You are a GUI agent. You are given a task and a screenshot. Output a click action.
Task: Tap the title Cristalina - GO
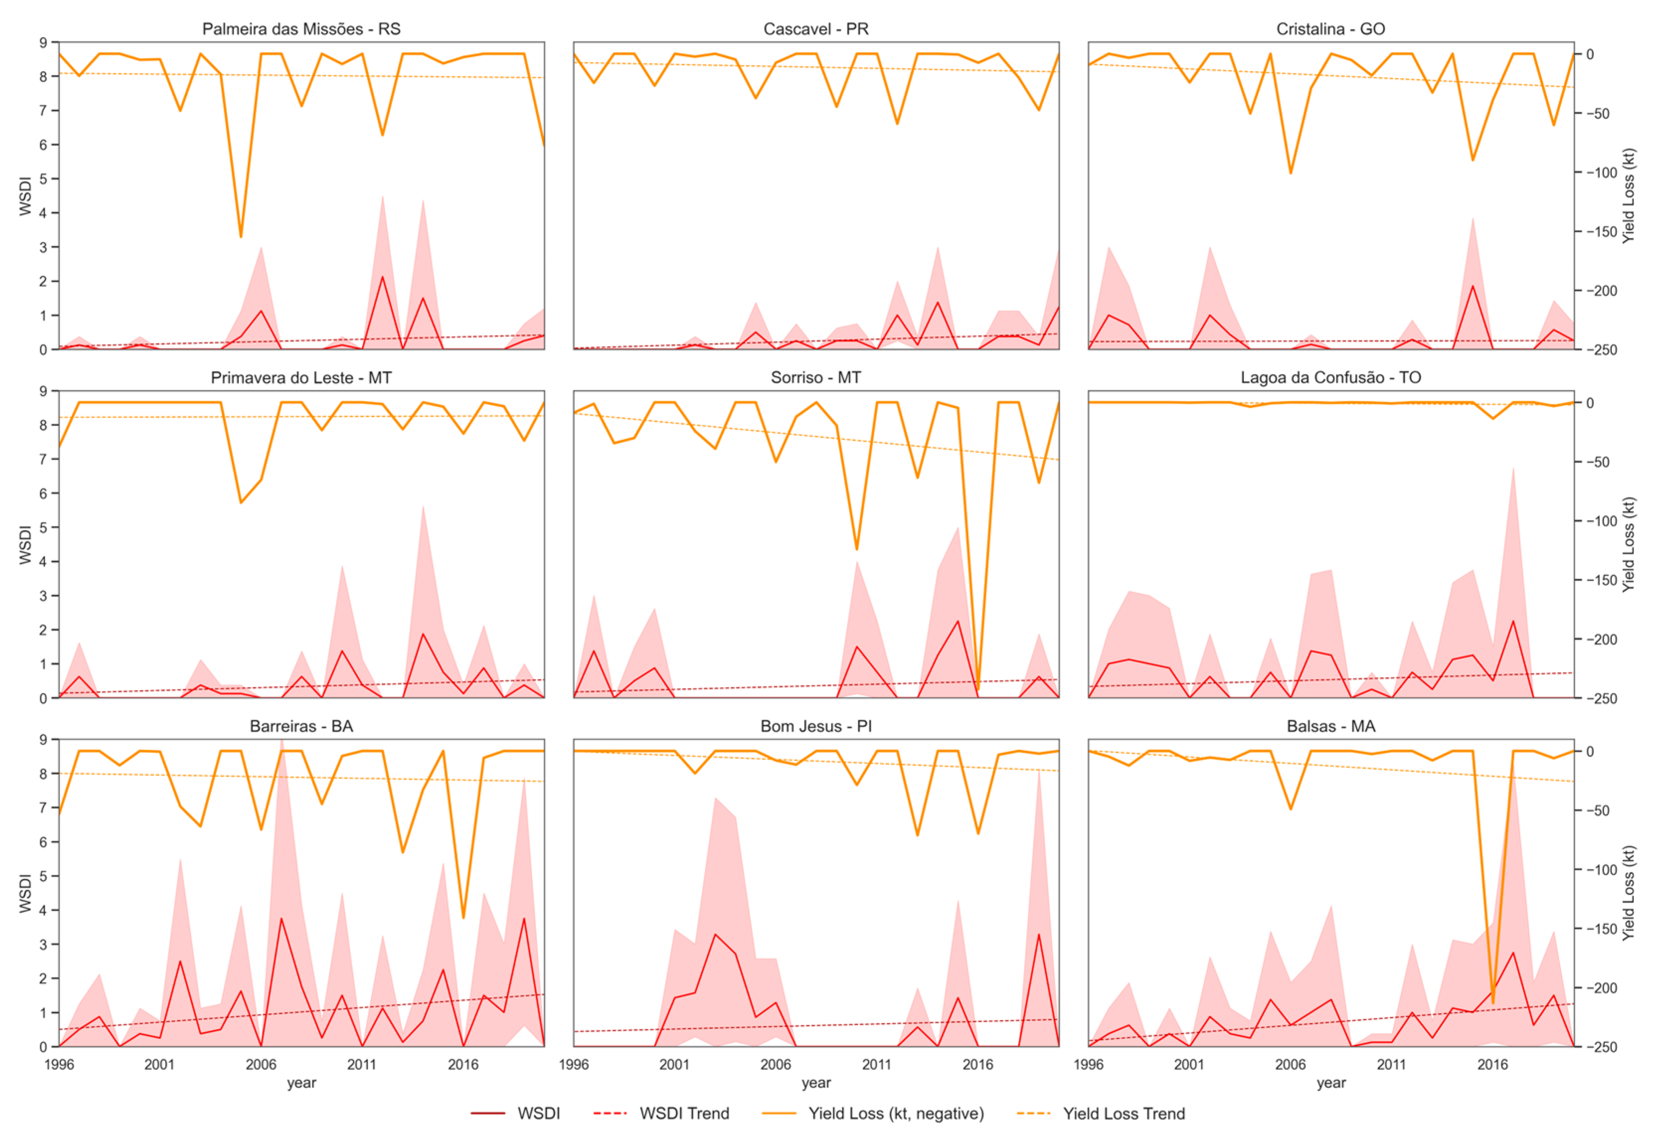point(1330,29)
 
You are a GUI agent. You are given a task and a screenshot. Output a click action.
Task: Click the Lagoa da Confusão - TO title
point(1330,378)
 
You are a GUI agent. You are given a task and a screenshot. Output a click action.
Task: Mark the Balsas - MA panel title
point(1330,726)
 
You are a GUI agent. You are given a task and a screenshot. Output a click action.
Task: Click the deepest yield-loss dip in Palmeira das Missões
point(241,236)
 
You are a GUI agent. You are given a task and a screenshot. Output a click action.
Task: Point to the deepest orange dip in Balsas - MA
point(1492,1003)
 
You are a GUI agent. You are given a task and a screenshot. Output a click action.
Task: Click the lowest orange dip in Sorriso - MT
point(978,690)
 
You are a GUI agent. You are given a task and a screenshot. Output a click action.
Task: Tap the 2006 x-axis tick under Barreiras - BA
point(261,1065)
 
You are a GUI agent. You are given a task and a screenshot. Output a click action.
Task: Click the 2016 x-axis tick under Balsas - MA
point(1492,1065)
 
